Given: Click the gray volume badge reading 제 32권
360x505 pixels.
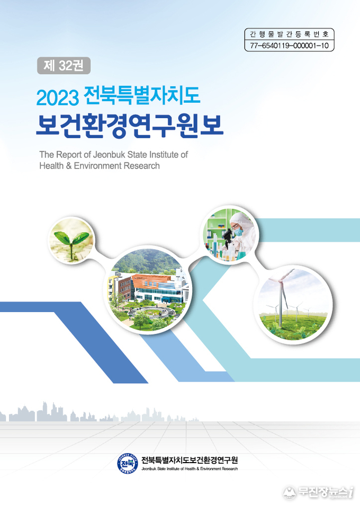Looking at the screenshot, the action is point(64,66).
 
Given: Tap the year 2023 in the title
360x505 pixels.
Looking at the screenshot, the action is point(58,98).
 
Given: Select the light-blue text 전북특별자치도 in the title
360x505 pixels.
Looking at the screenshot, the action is point(142,96).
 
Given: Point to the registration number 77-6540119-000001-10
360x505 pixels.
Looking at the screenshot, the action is point(289,46).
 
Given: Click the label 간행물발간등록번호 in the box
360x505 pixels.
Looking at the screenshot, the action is point(289,34).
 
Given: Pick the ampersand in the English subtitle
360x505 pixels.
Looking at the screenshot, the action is point(68,166).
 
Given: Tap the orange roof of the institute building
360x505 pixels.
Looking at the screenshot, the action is point(150,280).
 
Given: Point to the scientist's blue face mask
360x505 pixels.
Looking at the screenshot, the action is point(238,232).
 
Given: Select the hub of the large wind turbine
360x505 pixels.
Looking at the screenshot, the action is point(281,281).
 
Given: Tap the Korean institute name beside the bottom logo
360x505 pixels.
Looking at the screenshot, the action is point(190,460).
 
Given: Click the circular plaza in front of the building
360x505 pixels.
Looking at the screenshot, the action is point(150,312).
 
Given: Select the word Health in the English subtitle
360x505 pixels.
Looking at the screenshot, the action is point(51,166).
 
